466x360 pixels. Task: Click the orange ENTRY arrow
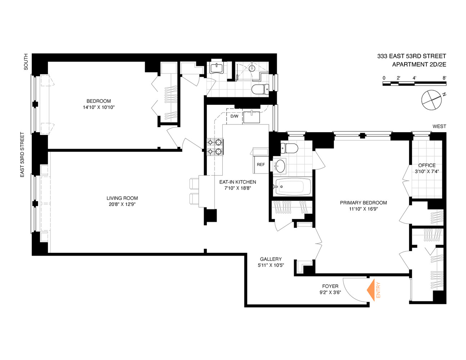[371, 290]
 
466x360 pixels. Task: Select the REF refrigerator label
[261, 165]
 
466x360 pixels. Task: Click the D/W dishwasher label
[234, 116]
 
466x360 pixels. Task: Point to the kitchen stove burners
[214, 147]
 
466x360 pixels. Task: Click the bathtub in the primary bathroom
[293, 186]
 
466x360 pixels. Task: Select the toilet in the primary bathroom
[289, 148]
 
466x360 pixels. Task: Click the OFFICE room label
[427, 165]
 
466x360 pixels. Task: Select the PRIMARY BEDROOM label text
[363, 203]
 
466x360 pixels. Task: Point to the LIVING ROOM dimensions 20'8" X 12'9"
[122, 204]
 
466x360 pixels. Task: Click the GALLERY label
[271, 259]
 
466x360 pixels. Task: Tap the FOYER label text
[330, 286]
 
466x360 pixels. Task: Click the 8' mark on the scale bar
[444, 78]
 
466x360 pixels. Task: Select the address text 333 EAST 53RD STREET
[411, 56]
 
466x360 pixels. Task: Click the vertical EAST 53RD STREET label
[22, 154]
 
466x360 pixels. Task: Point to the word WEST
[439, 126]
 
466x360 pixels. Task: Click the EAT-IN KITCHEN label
[237, 182]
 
